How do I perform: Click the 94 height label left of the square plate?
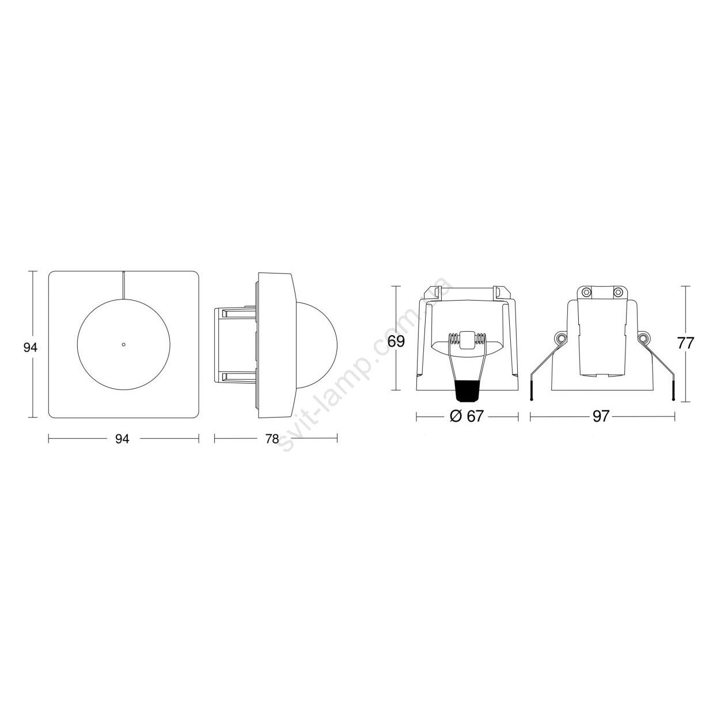click(x=30, y=347)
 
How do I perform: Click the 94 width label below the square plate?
click(x=122, y=439)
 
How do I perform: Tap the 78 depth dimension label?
click(x=272, y=439)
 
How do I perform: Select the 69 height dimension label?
click(x=396, y=341)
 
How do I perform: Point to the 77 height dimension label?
click(x=686, y=343)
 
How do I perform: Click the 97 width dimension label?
click(x=601, y=416)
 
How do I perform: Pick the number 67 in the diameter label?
click(x=475, y=416)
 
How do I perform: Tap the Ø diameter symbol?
click(x=456, y=416)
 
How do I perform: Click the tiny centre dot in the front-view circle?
click(x=123, y=344)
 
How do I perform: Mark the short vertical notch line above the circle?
click(x=123, y=285)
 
